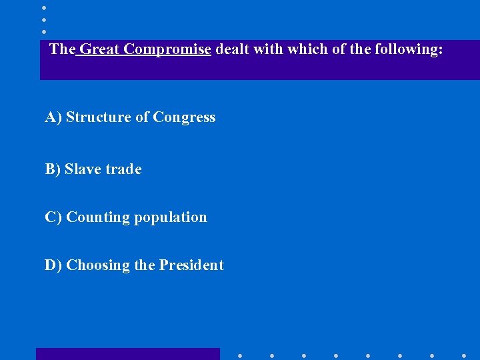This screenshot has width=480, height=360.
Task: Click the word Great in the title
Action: coord(99,49)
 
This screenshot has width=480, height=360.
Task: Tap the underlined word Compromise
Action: coord(167,49)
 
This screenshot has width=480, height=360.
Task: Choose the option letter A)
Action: coord(53,117)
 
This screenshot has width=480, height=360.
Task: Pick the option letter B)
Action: coord(53,169)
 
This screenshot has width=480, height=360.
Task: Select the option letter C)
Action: coord(53,217)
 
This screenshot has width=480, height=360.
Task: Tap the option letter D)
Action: coord(53,265)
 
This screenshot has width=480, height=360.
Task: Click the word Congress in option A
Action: coord(184,117)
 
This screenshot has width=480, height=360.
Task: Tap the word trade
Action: coord(122,169)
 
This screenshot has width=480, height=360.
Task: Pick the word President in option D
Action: coord(191,265)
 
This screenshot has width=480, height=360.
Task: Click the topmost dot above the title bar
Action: coord(43,7)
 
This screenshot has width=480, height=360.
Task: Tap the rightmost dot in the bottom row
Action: coord(464,355)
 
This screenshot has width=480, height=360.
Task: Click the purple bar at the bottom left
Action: coord(127,354)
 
